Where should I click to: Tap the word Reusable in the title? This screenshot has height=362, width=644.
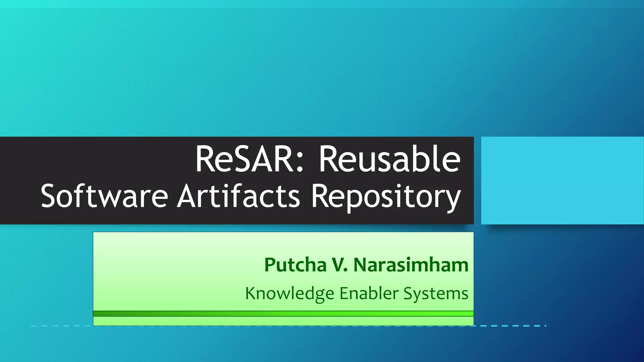click(x=390, y=159)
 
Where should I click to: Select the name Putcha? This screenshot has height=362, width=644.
click(x=295, y=265)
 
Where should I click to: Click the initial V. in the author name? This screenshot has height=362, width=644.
click(x=340, y=265)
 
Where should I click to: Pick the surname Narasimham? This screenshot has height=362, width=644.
click(x=411, y=265)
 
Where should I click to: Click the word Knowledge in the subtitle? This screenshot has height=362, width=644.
click(x=289, y=294)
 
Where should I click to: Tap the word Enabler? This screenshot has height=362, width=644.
click(x=369, y=293)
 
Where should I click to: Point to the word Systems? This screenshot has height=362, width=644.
click(x=436, y=294)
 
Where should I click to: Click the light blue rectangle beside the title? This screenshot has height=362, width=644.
click(x=562, y=180)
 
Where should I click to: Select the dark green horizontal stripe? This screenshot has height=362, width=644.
click(x=283, y=314)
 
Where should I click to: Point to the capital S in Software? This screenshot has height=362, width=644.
click(x=50, y=196)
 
